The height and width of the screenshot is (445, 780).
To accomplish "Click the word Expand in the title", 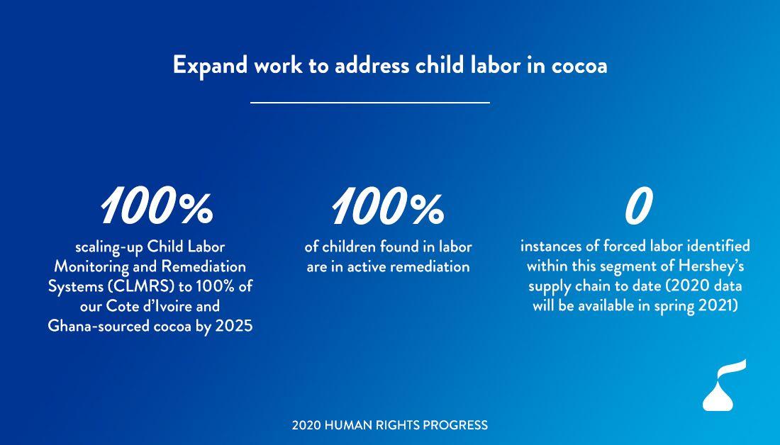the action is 210,66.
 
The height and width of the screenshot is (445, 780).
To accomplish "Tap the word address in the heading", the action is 372,65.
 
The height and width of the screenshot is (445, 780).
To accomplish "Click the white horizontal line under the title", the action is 370,103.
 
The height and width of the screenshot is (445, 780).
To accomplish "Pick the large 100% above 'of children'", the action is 387,205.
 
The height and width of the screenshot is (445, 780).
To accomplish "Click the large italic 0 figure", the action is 637,205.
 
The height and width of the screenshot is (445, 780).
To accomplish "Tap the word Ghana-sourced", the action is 101,326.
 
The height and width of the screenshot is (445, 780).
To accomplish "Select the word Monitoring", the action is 90,267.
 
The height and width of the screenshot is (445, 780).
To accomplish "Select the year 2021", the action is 718,306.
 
